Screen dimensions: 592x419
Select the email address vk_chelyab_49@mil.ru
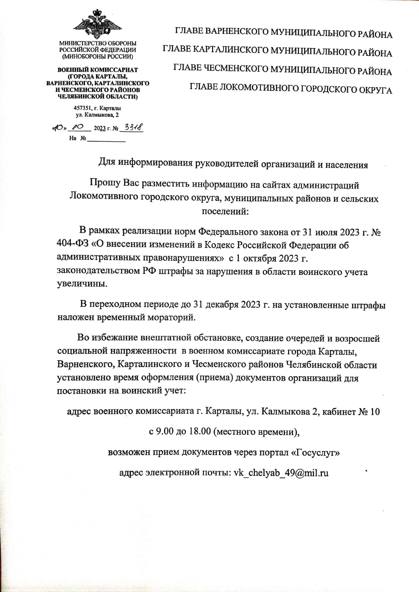point(281,472)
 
